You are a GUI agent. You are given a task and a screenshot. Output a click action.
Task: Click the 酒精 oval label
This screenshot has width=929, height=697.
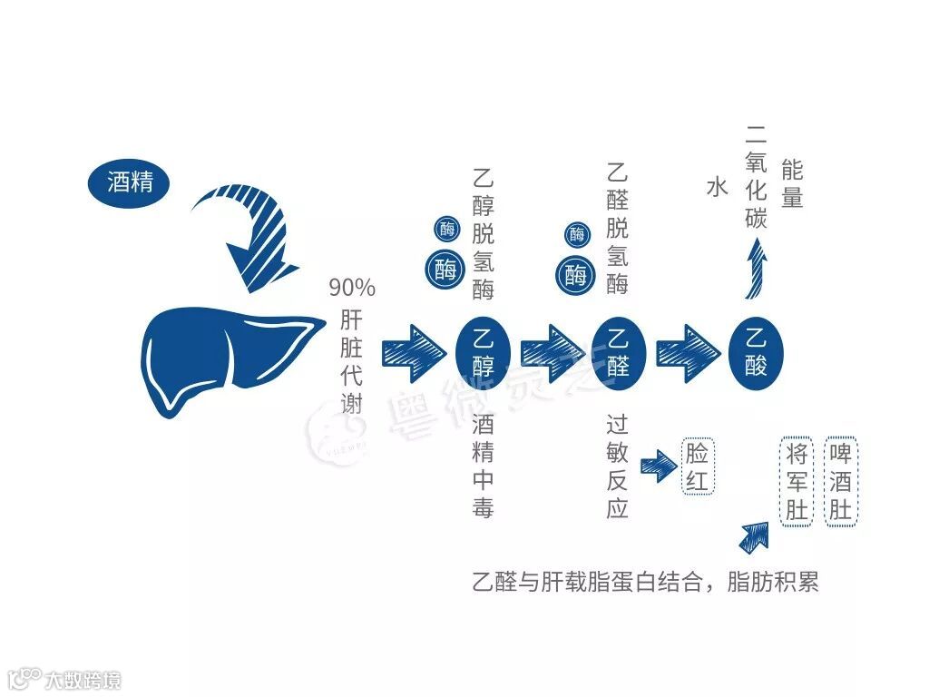[129, 183]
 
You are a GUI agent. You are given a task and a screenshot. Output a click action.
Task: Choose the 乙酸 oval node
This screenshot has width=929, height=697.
[756, 353]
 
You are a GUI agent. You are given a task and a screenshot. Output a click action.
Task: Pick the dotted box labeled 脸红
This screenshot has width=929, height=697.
[698, 466]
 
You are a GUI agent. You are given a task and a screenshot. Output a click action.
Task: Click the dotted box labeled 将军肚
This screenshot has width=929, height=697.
[797, 481]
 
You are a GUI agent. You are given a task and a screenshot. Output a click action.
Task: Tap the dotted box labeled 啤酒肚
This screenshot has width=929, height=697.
[840, 481]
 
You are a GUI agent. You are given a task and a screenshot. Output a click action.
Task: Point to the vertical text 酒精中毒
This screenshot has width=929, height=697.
[483, 466]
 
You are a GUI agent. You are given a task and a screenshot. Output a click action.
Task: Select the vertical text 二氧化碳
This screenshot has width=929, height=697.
[756, 178]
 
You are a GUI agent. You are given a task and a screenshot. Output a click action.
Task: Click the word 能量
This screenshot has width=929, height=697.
[791, 184]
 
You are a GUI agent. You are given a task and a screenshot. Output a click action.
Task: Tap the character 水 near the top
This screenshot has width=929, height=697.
[717, 188]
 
